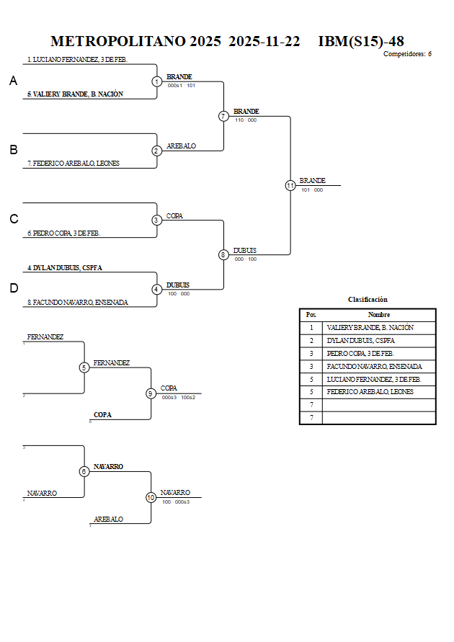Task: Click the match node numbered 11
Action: (290, 185)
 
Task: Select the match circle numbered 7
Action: (223, 116)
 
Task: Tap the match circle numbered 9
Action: (151, 393)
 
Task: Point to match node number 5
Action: (84, 367)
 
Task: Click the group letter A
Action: (13, 81)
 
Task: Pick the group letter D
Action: (13, 288)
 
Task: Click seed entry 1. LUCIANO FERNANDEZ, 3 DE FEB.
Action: (77, 60)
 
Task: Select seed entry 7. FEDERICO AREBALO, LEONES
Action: (74, 164)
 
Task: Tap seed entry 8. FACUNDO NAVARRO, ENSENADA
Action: (78, 303)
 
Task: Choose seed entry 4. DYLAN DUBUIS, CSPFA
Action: (65, 268)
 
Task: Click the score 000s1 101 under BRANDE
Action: (181, 86)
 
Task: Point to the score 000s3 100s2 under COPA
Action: (178, 398)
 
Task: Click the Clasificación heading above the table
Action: (368, 300)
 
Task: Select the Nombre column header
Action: (379, 315)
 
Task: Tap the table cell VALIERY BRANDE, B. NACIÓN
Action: (370, 328)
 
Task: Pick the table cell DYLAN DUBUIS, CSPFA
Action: (360, 341)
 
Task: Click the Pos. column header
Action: (311, 315)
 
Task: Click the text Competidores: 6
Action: (407, 54)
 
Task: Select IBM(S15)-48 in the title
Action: (360, 42)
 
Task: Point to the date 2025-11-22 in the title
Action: (264, 42)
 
